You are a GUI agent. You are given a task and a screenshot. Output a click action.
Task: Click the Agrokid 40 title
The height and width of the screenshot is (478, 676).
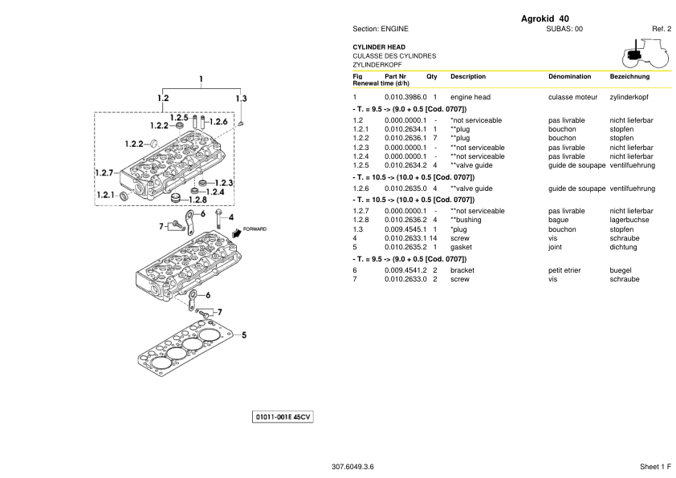point(545,19)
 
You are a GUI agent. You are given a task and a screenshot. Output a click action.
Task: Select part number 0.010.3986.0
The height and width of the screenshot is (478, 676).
point(405,97)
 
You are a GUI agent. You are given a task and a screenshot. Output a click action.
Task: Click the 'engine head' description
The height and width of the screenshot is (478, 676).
point(470,97)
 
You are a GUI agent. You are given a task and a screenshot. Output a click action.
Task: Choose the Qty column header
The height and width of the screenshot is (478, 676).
point(432,77)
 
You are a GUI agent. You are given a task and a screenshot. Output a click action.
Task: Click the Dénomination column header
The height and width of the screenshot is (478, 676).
point(569,77)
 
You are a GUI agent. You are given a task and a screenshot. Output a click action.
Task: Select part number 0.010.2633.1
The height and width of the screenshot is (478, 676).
point(405,238)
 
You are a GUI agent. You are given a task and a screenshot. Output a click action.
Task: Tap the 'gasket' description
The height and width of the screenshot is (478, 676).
point(462,247)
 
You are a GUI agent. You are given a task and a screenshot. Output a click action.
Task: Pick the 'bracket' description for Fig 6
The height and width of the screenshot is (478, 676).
point(462,270)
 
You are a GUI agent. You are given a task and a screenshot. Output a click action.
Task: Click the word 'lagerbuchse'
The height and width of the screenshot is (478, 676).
point(629,220)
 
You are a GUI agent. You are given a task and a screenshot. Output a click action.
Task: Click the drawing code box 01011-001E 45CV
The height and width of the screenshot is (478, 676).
point(283,418)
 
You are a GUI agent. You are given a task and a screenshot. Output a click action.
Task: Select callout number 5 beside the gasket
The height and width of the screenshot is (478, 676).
point(243,335)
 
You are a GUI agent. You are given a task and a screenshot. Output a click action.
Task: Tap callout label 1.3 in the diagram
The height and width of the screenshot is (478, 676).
point(241,98)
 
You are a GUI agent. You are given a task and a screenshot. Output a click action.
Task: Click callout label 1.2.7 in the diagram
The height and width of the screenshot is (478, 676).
point(106,172)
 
